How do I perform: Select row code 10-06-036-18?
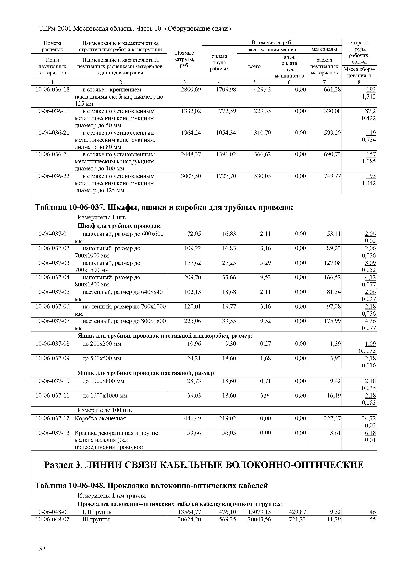(x=52, y=90)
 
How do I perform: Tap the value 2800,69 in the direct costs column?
(x=191, y=90)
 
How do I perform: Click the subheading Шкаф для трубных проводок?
(x=119, y=226)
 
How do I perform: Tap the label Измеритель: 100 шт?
(x=105, y=410)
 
